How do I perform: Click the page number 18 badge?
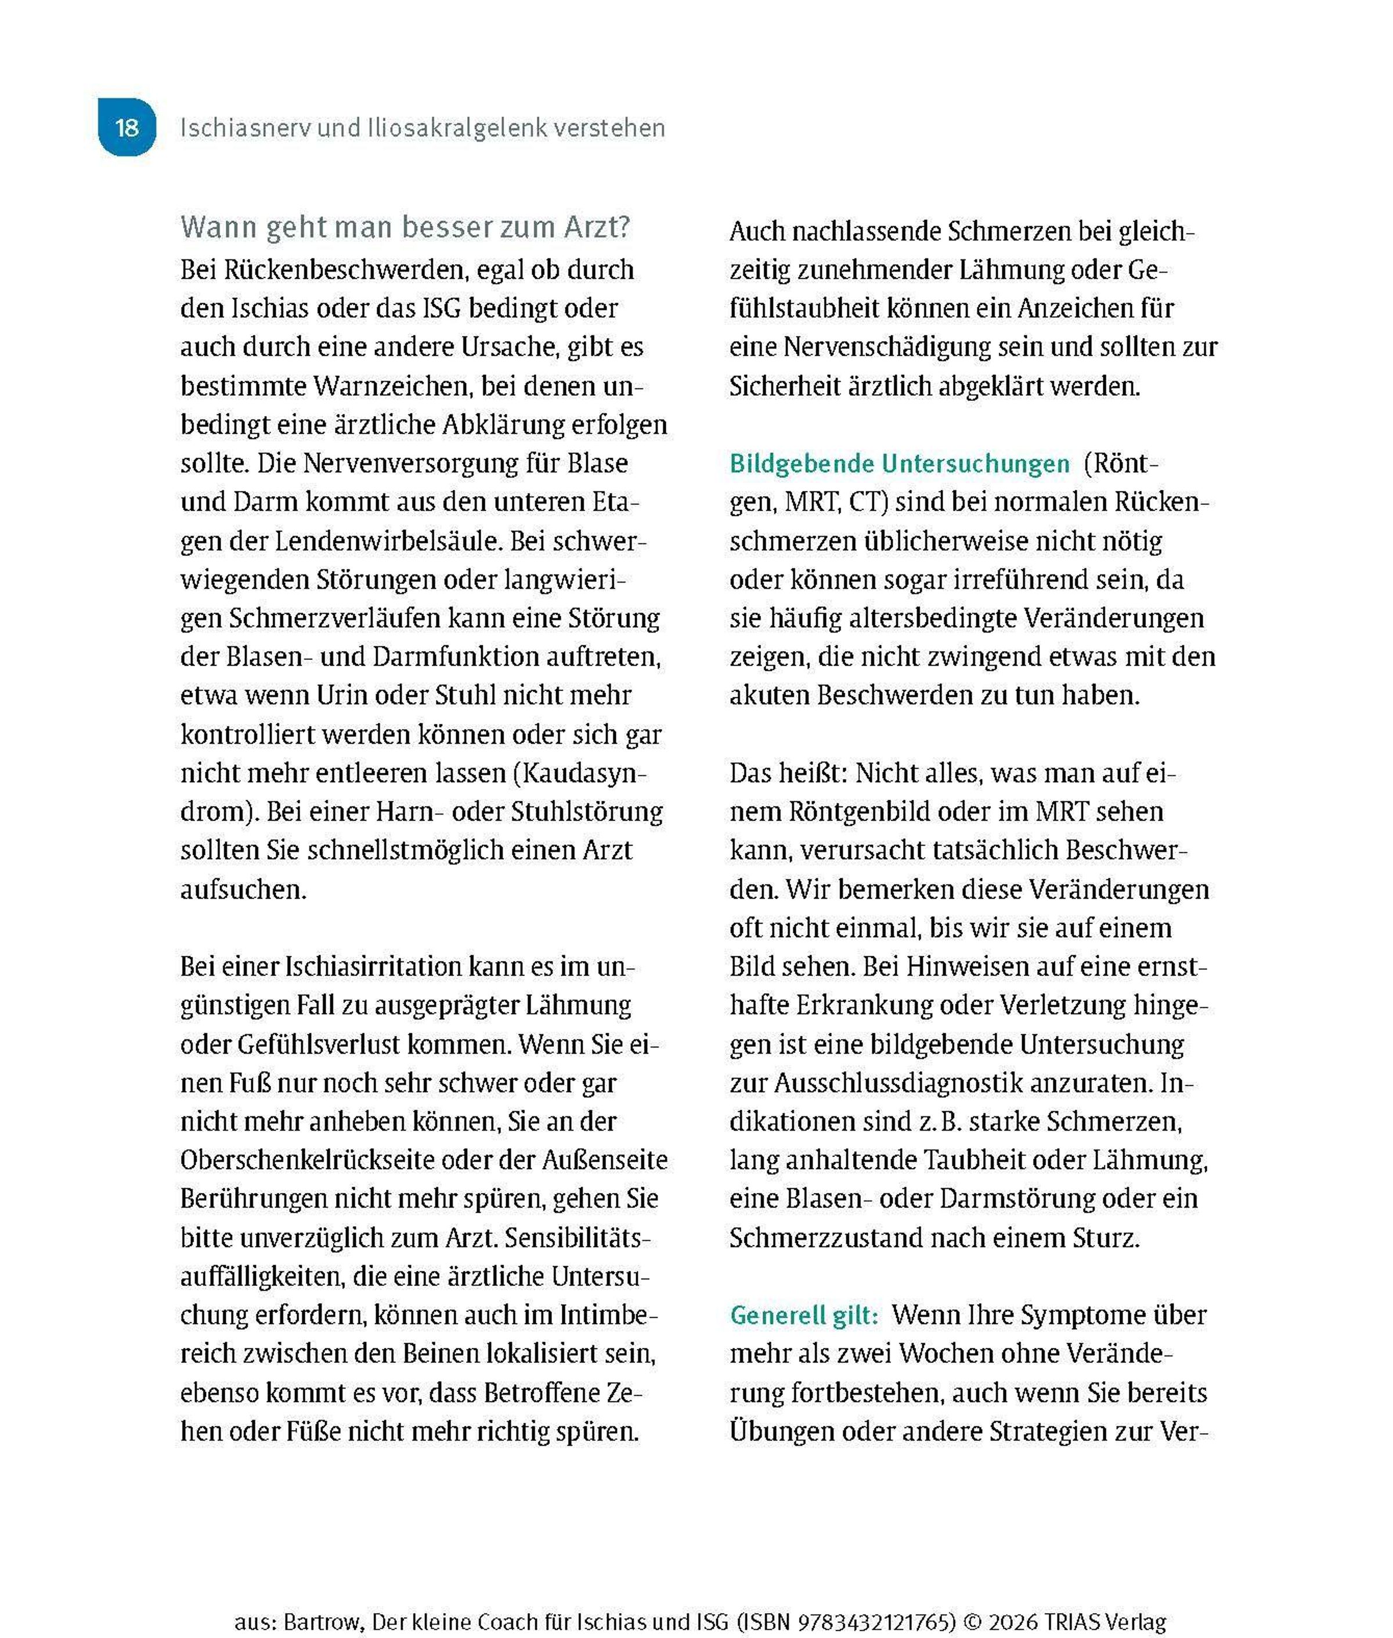(127, 127)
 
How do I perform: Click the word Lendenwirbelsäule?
(388, 541)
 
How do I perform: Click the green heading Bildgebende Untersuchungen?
(898, 464)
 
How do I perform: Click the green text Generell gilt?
(803, 1314)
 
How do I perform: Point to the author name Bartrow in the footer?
(323, 1600)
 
